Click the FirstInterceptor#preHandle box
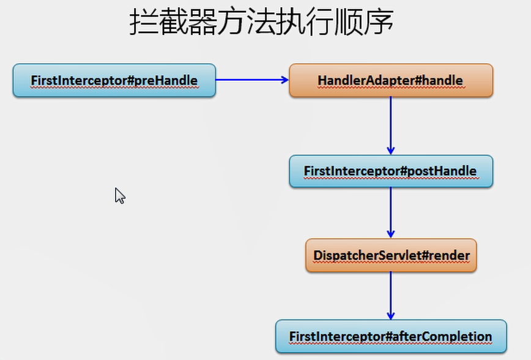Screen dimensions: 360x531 [x=114, y=80]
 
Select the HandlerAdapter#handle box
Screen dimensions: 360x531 [x=390, y=80]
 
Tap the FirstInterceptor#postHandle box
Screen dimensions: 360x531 [x=390, y=171]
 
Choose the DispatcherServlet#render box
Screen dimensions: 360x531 [x=390, y=255]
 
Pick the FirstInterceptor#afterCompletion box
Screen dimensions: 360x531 [x=390, y=336]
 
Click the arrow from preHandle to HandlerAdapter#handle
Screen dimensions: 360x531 [x=251, y=80]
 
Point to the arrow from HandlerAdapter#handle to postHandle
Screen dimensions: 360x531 [x=390, y=126]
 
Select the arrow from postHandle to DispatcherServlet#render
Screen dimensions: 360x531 [x=390, y=212]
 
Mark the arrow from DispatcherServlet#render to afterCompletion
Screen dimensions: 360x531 [x=390, y=295]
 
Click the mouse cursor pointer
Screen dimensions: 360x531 [x=119, y=195]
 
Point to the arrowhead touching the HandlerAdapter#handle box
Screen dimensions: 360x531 [x=284, y=80]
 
